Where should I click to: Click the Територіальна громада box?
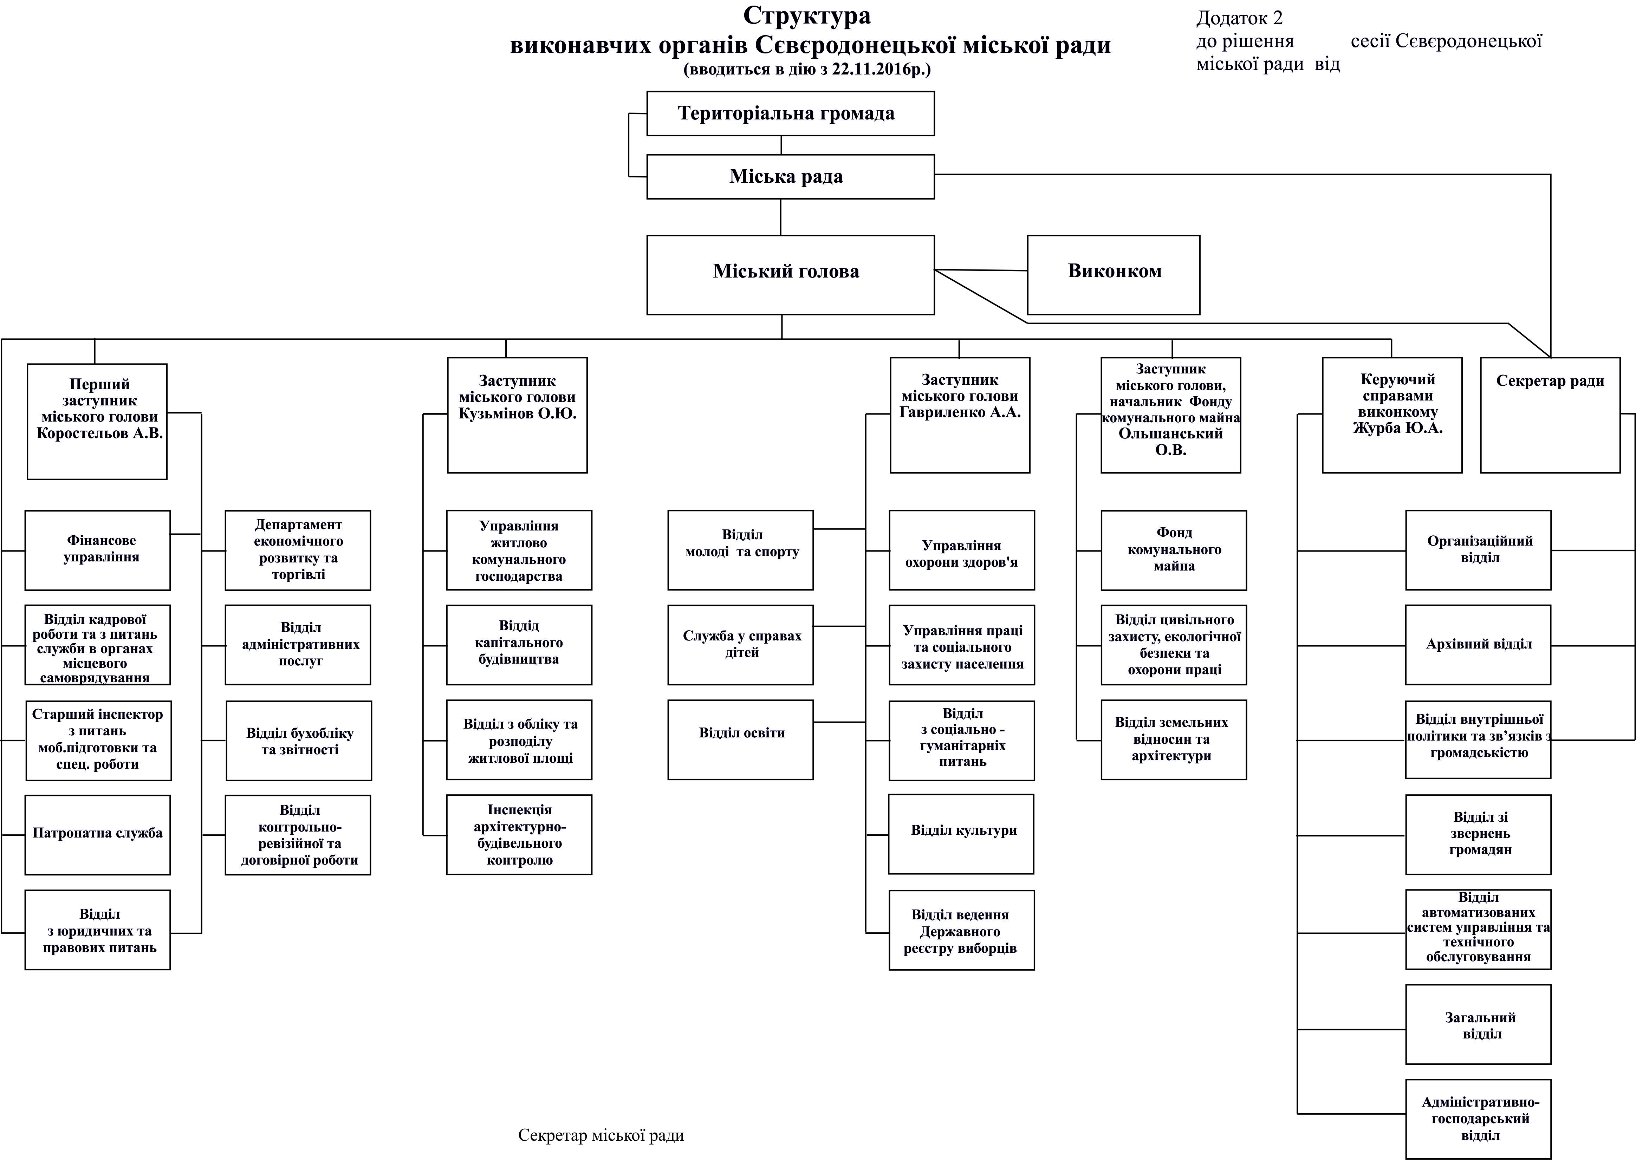click(x=790, y=113)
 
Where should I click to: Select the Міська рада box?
click(x=790, y=176)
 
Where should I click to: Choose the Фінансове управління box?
click(x=98, y=550)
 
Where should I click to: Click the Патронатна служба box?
click(x=98, y=834)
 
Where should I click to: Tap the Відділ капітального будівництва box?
click(x=519, y=644)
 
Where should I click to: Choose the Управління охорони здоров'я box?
click(x=962, y=550)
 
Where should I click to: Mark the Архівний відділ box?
click(x=1478, y=644)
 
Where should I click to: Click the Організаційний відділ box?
click(x=1478, y=550)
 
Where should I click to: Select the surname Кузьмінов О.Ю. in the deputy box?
click(x=517, y=413)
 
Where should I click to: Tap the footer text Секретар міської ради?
click(x=601, y=1135)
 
